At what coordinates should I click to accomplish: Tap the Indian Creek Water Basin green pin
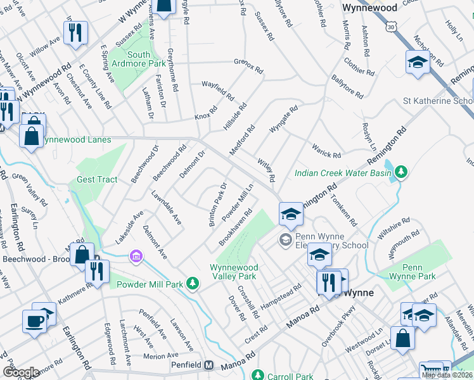(400, 171)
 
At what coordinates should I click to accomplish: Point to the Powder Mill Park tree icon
(193, 284)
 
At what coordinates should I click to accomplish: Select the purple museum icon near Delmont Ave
(134, 256)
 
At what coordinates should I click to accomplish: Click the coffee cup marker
(34, 321)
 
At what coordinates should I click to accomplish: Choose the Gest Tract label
(97, 179)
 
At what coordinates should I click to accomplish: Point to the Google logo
(21, 372)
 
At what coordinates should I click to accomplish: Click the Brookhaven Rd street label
(235, 233)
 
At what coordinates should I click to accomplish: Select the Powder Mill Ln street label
(238, 202)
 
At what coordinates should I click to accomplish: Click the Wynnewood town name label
(369, 8)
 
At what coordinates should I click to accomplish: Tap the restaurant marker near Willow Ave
(76, 32)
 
